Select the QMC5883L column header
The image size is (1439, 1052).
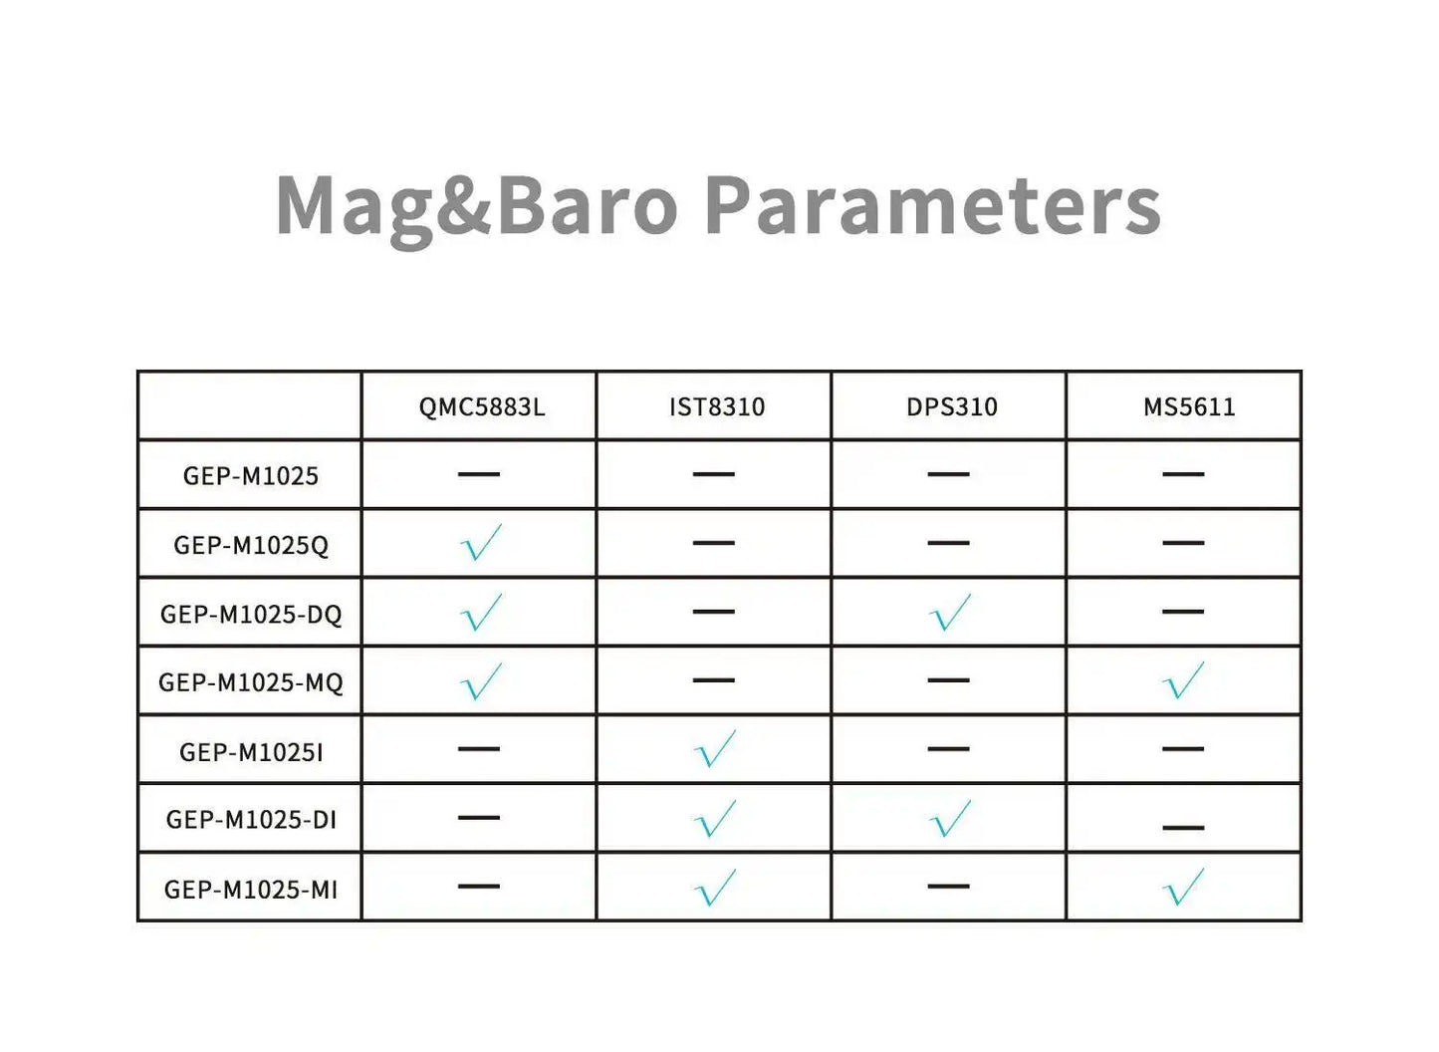(x=482, y=406)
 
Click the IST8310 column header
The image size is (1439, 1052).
(x=717, y=406)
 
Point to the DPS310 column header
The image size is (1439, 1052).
(x=951, y=406)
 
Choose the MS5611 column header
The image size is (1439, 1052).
(x=1188, y=406)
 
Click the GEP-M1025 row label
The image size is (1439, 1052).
(x=251, y=476)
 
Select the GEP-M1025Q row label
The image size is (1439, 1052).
(x=251, y=545)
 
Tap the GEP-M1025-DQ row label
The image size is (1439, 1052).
(x=251, y=614)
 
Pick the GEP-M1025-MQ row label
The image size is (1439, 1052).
(x=251, y=682)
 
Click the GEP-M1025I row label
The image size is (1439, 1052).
(x=251, y=752)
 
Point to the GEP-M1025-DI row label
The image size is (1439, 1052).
(x=251, y=820)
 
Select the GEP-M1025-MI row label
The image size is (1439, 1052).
(x=251, y=890)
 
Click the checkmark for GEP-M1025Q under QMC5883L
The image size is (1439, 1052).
(x=481, y=544)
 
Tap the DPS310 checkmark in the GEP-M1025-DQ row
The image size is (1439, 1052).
(x=950, y=613)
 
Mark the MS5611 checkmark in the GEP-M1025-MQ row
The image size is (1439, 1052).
(x=1183, y=681)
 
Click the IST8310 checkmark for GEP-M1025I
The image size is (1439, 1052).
(x=715, y=750)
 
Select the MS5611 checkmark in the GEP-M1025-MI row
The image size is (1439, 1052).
(x=1183, y=888)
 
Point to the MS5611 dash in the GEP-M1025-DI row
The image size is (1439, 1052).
(x=1183, y=827)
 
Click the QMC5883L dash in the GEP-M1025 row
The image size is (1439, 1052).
(x=479, y=474)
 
